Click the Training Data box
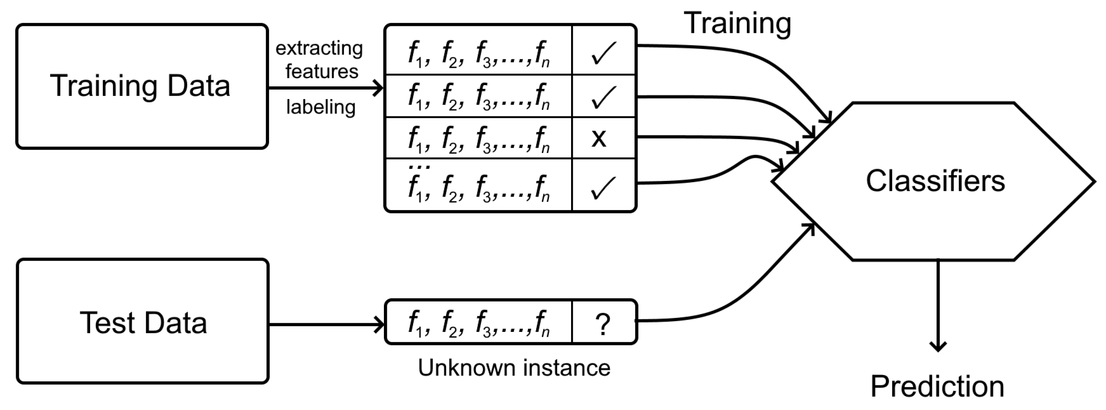click(142, 86)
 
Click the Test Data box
click(142, 322)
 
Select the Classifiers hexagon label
click(935, 181)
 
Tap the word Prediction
click(937, 387)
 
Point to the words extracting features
click(319, 60)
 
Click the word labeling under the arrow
click(321, 107)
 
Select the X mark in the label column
click(599, 138)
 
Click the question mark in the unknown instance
click(603, 324)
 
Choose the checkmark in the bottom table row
click(603, 188)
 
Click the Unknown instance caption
click(514, 368)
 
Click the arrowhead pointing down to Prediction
click(938, 346)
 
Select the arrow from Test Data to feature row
click(326, 324)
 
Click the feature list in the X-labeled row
click(478, 138)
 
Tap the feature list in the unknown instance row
click(478, 323)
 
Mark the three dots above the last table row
click(419, 167)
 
